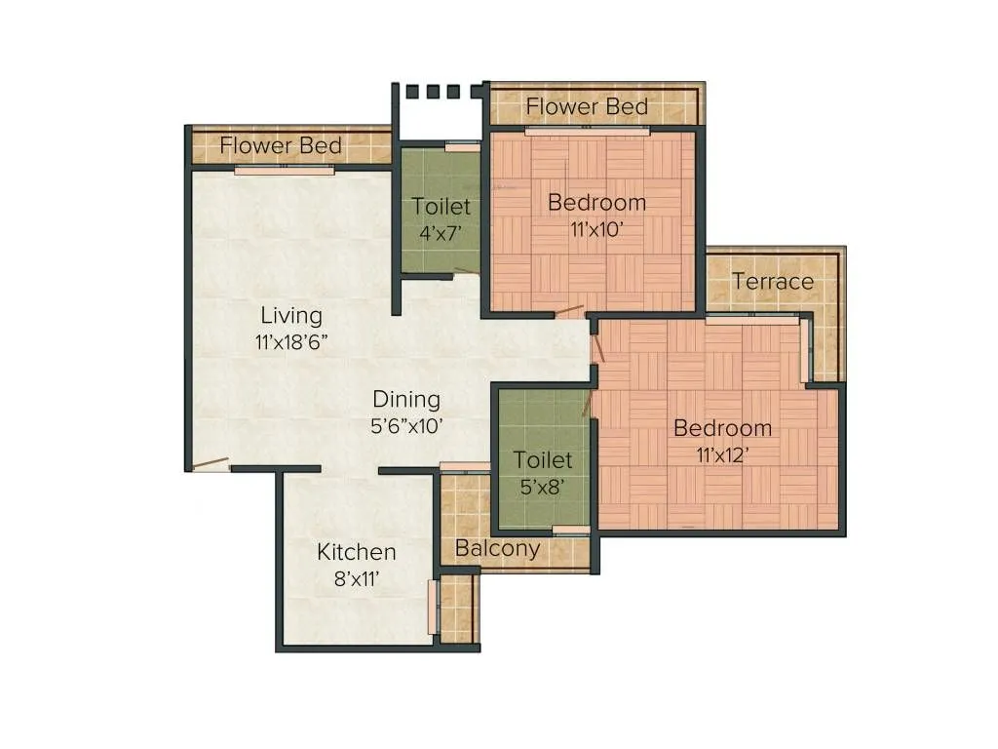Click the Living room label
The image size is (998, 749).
point(290,316)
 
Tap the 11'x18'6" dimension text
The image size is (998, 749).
point(290,342)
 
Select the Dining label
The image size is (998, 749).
point(406,399)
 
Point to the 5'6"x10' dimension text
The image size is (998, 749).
point(406,425)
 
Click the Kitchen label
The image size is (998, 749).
point(356,552)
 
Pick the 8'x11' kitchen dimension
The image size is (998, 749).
point(356,578)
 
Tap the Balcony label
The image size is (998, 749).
point(497,548)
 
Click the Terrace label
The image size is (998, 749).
point(772,282)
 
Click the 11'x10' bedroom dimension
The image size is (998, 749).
point(596,229)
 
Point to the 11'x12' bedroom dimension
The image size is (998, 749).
point(722,454)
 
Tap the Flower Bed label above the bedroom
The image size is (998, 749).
point(587,106)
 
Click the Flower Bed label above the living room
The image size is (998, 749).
point(281,146)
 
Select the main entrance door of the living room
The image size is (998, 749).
point(210,464)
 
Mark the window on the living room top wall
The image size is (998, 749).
point(284,170)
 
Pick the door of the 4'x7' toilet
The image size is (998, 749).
point(466,272)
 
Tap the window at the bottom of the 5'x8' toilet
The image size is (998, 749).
point(570,531)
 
